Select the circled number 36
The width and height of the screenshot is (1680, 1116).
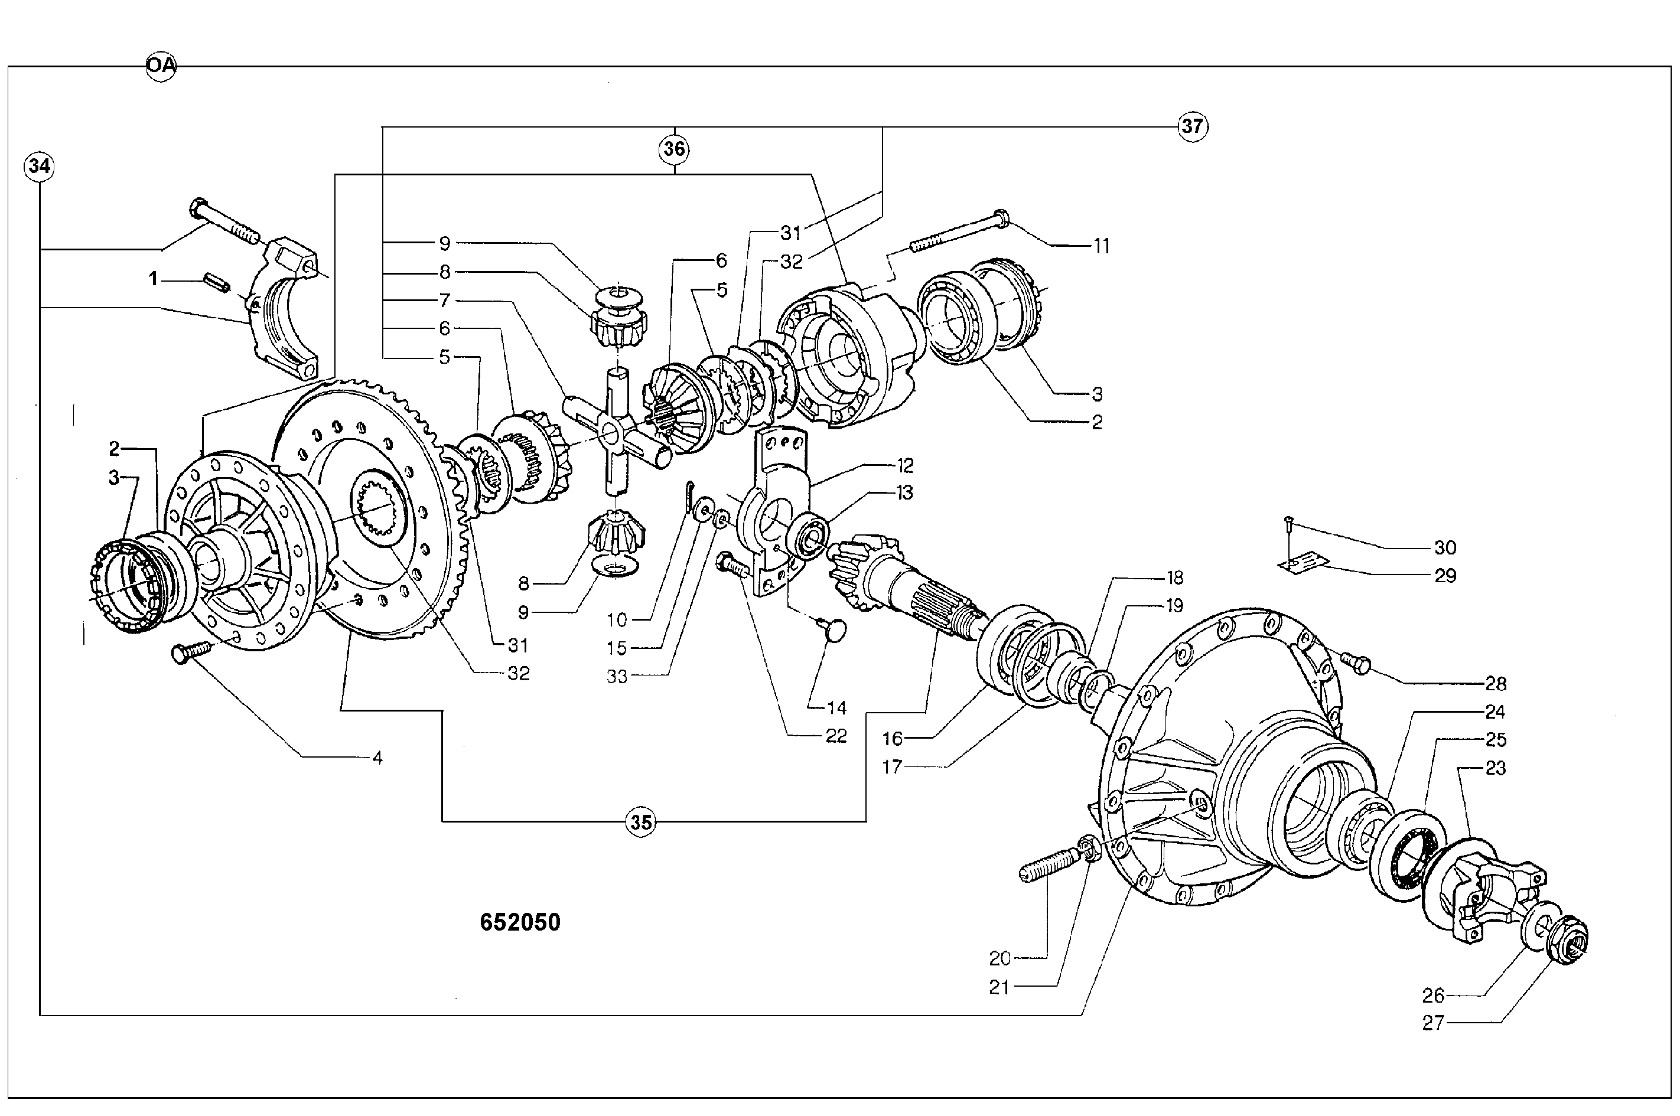click(x=674, y=149)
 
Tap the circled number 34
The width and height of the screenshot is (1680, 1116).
click(x=39, y=167)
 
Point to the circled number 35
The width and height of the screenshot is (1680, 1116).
click(x=641, y=823)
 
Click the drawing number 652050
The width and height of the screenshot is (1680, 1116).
click(x=520, y=923)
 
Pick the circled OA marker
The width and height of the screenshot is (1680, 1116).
click(x=161, y=66)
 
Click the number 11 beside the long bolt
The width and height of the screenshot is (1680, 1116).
click(x=1101, y=246)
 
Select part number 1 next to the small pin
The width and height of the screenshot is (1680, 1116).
click(x=153, y=279)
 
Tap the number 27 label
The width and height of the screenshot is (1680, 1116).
click(x=1433, y=1023)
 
